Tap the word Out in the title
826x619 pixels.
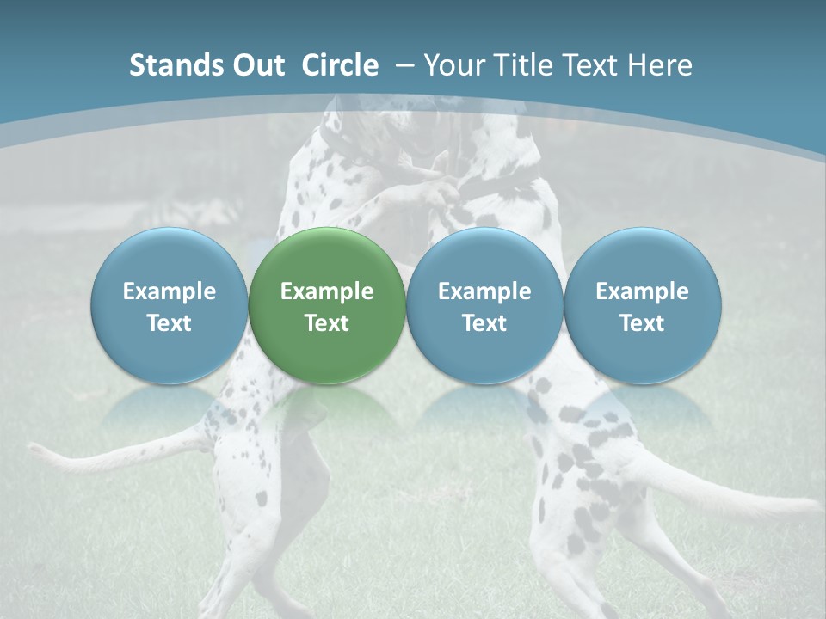(x=256, y=65)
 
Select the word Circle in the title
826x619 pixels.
(x=340, y=65)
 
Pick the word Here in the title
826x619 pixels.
(x=659, y=65)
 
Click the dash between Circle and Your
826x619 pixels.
(x=404, y=65)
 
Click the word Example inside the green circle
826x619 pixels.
(x=327, y=291)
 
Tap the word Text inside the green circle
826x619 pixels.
(x=327, y=323)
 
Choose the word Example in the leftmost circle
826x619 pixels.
(x=170, y=291)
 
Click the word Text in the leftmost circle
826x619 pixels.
(x=170, y=323)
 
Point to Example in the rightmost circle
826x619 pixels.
(x=643, y=291)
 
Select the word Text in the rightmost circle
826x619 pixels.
(x=643, y=323)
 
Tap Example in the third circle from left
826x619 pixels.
(x=484, y=291)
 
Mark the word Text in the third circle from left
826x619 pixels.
(x=484, y=323)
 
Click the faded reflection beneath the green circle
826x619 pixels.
(x=327, y=408)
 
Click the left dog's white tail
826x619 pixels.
(x=95, y=461)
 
